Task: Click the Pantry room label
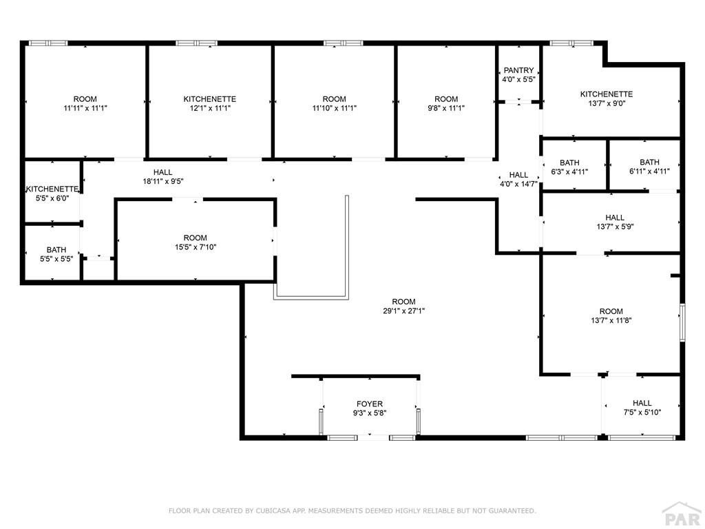[518, 70]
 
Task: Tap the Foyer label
[370, 404]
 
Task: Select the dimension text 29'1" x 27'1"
[403, 311]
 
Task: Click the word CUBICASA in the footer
[273, 510]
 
